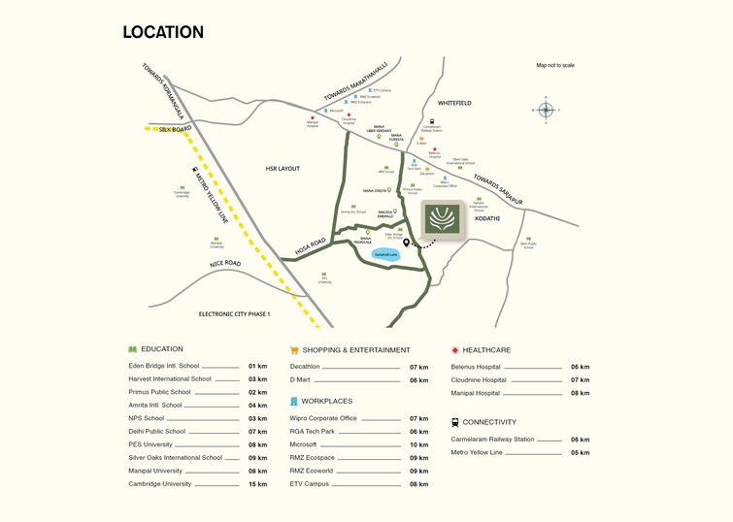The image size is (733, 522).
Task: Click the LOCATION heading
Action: [163, 32]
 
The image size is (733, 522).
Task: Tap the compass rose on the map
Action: [546, 111]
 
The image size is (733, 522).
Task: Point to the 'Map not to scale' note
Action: [555, 65]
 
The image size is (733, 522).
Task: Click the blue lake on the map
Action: [387, 254]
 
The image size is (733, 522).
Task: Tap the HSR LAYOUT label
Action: [283, 169]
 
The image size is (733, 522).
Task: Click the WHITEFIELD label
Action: [454, 103]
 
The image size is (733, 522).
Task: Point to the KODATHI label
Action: [486, 219]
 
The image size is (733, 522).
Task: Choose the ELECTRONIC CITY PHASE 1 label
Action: [234, 314]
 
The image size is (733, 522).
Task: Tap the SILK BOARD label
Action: [176, 128]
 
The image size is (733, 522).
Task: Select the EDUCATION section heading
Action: [161, 349]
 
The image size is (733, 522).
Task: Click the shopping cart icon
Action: [294, 350]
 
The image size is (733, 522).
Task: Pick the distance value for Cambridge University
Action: [257, 484]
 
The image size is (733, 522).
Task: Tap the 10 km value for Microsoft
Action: [418, 445]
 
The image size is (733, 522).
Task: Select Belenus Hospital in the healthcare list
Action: [476, 368]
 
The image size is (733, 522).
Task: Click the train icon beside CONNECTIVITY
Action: [455, 423]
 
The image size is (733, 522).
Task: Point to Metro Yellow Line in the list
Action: [477, 452]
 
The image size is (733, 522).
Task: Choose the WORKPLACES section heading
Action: [327, 401]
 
